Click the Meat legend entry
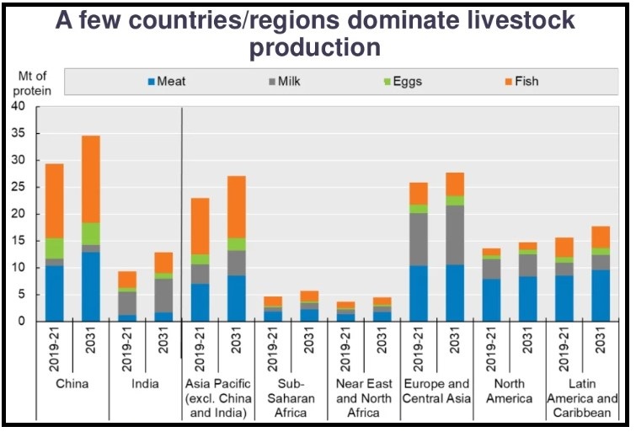(166, 82)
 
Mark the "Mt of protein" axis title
(34, 83)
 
